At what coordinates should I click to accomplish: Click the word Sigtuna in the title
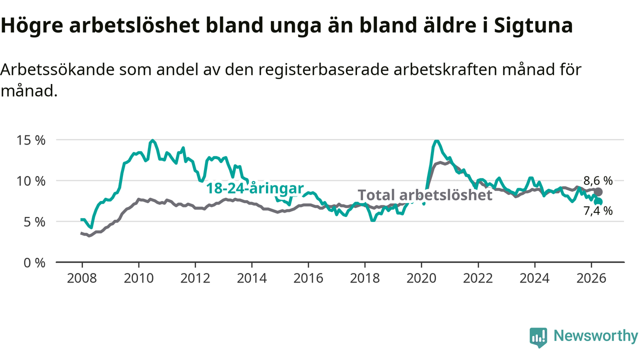[533, 25]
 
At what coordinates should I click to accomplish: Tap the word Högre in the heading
[32, 25]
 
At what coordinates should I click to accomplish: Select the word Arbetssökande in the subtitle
[57, 69]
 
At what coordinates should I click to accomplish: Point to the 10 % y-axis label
[31, 181]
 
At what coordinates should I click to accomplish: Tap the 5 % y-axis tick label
[34, 222]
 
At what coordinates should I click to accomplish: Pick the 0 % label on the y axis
[34, 263]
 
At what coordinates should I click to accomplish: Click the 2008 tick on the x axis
[82, 278]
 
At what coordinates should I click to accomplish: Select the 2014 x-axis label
[251, 278]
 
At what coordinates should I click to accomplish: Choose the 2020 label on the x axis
[421, 278]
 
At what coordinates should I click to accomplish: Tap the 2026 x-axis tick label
[591, 278]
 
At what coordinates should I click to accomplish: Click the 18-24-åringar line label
[255, 188]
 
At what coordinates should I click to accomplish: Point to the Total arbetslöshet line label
[425, 195]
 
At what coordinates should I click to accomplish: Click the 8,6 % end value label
[597, 181]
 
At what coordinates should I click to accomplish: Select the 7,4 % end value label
[597, 211]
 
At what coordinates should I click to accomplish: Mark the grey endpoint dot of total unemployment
[598, 192]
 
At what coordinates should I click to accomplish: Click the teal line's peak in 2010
[152, 140]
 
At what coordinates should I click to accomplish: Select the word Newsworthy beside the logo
[596, 335]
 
